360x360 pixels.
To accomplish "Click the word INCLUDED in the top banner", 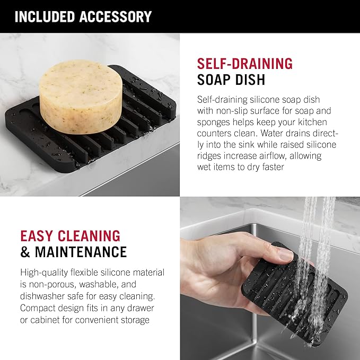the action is (x=45, y=16).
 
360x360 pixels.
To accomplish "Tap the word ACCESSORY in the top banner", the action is (x=116, y=16).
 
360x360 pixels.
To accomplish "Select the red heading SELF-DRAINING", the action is (x=245, y=64).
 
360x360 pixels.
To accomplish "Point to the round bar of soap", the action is (x=81, y=96).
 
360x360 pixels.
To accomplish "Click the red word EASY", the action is (x=37, y=236).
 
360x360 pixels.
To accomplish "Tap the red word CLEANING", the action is (x=89, y=236).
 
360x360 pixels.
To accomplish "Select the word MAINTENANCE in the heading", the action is (x=81, y=252).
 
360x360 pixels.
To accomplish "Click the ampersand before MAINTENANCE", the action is (x=25, y=252).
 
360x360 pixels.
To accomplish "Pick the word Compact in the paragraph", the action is (x=38, y=308).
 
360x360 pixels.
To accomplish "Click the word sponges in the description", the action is (x=213, y=122).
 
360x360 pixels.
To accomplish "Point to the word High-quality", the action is (x=44, y=273).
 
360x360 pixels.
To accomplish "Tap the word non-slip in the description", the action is (x=232, y=111).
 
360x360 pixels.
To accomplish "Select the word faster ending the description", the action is (x=273, y=167).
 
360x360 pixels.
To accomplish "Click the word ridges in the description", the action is (x=209, y=156).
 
